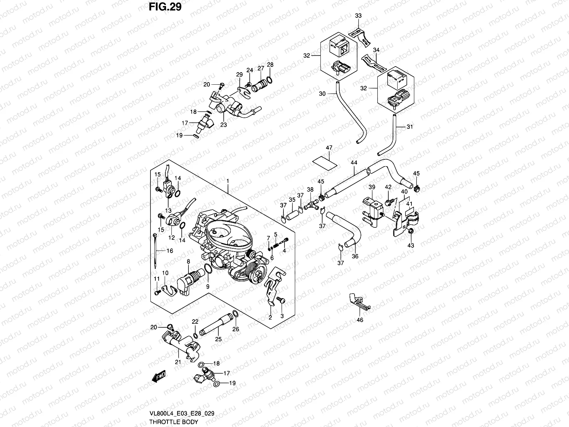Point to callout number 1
(x=228, y=181)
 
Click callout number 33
(x=358, y=16)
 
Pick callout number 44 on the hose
(x=353, y=163)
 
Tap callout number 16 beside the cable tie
(x=170, y=251)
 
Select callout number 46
(x=360, y=320)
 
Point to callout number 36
(x=355, y=256)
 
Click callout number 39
(x=372, y=187)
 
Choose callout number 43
(x=411, y=246)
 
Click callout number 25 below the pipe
(x=218, y=339)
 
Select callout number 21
(x=177, y=362)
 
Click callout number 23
(x=223, y=125)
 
